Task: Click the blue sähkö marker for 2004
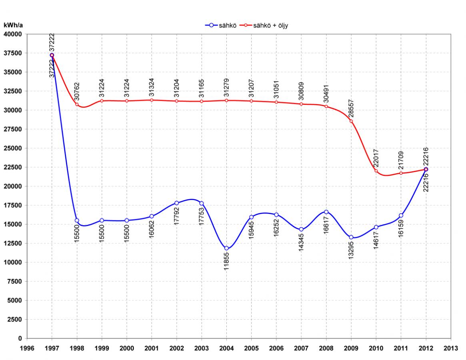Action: (x=226, y=248)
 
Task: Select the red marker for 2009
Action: (x=351, y=121)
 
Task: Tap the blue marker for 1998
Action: (x=77, y=220)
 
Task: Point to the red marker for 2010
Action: (x=376, y=171)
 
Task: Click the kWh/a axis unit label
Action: (x=13, y=25)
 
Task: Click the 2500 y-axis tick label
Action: (x=14, y=319)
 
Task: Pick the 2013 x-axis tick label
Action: (x=451, y=348)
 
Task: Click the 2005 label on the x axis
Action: (x=252, y=348)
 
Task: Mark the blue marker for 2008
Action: (x=326, y=212)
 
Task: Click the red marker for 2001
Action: (x=152, y=100)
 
